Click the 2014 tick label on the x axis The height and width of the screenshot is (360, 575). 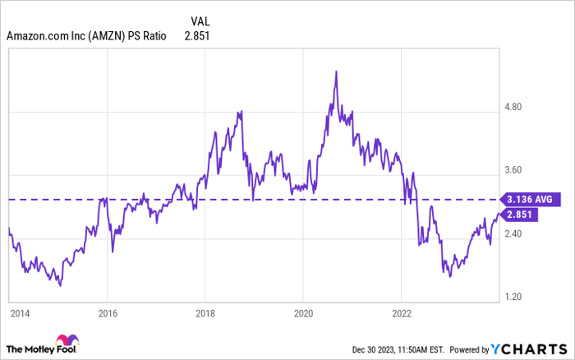tap(17, 314)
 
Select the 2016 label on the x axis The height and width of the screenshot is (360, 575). tap(106, 314)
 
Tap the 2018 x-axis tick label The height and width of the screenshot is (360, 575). tap(205, 314)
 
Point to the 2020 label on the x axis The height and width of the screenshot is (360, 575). tap(303, 314)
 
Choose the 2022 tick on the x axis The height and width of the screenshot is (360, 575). tap(401, 314)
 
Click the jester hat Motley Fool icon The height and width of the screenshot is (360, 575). tap(65, 343)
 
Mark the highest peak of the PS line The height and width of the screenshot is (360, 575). tap(336, 72)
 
